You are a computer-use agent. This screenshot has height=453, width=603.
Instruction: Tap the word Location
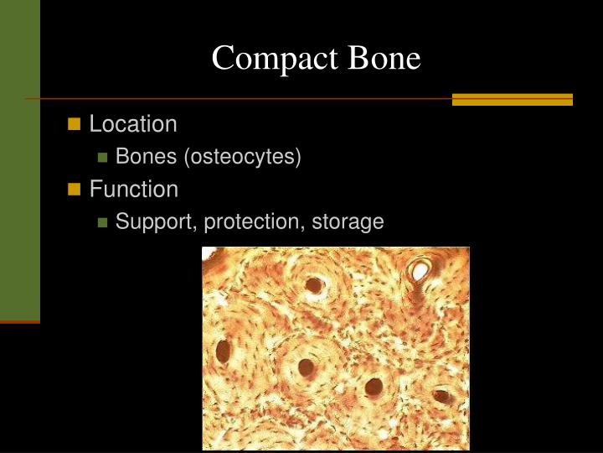[x=133, y=124]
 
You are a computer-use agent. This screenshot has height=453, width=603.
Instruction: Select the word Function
[x=134, y=190]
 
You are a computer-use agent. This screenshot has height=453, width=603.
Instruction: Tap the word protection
[x=255, y=222]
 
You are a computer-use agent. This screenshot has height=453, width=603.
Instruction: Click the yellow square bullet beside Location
[x=74, y=124]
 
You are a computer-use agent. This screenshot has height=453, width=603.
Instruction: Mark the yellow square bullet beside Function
[x=74, y=190]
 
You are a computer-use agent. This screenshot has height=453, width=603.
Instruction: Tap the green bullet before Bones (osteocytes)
[x=102, y=157]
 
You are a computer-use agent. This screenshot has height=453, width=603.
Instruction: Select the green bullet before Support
[x=102, y=222]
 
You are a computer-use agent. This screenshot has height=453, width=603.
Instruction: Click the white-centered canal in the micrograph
[x=420, y=269]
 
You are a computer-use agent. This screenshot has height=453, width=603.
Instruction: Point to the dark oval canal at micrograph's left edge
[x=223, y=351]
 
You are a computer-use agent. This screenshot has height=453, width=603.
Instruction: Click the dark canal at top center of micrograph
[x=315, y=286]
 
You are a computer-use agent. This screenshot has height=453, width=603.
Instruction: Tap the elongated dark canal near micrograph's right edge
[x=441, y=396]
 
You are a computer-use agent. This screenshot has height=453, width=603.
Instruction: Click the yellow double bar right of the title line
[x=512, y=99]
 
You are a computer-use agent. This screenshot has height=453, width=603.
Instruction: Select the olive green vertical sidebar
[x=19, y=159]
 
